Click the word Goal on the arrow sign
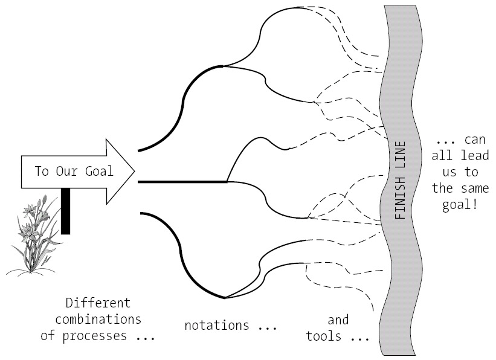pyautogui.click(x=99, y=171)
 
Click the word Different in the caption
pyautogui.click(x=97, y=303)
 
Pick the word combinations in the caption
pyautogui.click(x=97, y=318)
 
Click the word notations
pyautogui.click(x=216, y=325)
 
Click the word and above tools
pyautogui.click(x=338, y=320)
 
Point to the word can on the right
pyautogui.click(x=477, y=140)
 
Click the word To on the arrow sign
pyautogui.click(x=42, y=171)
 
